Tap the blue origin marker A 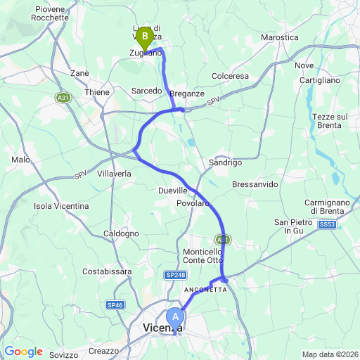174,317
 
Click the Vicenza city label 162,328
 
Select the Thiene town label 97,92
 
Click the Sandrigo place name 226,162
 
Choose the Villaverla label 115,173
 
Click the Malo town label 20,160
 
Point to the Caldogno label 121,233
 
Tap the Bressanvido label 255,184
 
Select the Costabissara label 104,271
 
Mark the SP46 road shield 115,304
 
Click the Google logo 23,352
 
